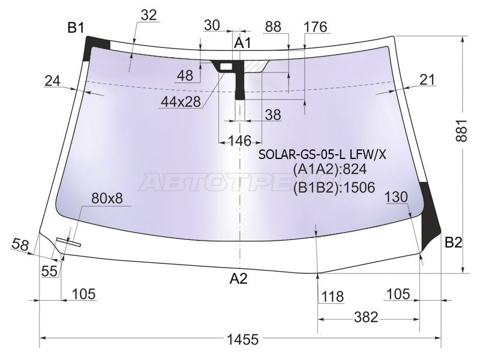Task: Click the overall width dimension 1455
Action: pyautogui.click(x=243, y=339)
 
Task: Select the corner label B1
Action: pyautogui.click(x=76, y=28)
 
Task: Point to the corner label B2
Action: pyautogui.click(x=454, y=243)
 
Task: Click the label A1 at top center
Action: pyautogui.click(x=242, y=43)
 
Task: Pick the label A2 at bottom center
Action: pyautogui.click(x=239, y=278)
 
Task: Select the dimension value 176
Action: pyautogui.click(x=316, y=26)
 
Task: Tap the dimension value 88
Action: pyautogui.click(x=273, y=26)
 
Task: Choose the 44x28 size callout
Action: pyautogui.click(x=180, y=102)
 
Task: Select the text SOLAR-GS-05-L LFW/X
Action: pyautogui.click(x=322, y=155)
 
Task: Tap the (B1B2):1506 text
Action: pyautogui.click(x=335, y=188)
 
